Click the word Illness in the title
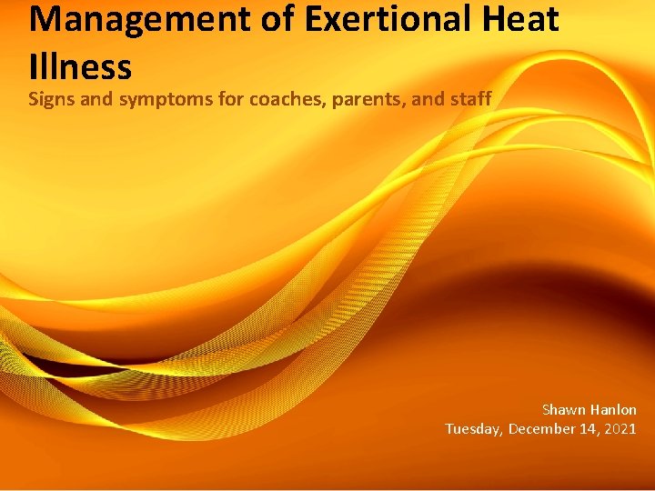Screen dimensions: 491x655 point(80,65)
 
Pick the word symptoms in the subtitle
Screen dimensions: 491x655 point(156,98)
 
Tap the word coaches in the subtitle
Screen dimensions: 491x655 point(264,98)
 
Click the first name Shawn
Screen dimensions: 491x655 point(564,410)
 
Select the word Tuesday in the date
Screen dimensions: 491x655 point(473,429)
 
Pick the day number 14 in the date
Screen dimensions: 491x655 point(589,429)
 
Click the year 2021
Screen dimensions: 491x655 point(621,429)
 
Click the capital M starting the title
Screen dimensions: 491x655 point(42,20)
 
